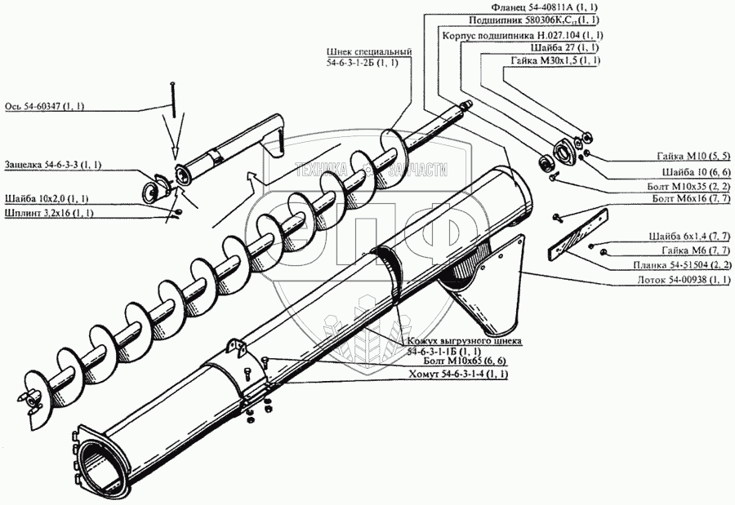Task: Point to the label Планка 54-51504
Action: click(x=681, y=265)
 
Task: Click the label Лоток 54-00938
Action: click(x=681, y=279)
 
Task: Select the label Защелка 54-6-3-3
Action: click(x=52, y=165)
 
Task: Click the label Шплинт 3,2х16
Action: click(x=49, y=213)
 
